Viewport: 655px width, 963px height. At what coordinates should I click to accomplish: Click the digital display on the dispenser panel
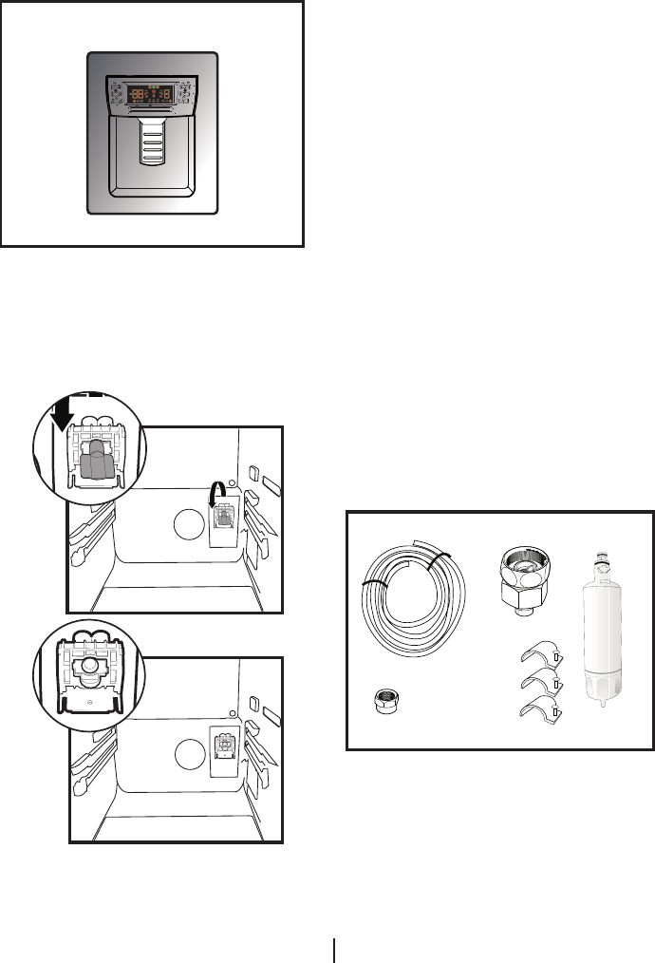(152, 94)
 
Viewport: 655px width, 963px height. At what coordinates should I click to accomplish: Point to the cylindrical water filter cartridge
(605, 636)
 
